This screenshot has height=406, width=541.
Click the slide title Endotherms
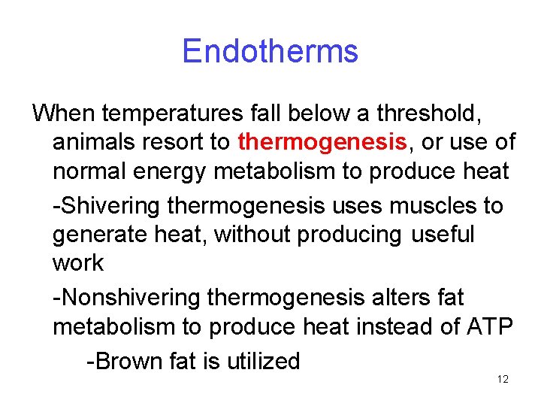point(270,52)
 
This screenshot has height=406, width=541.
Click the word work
point(78,263)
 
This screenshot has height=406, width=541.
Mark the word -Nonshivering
point(127,298)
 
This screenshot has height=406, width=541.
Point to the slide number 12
point(503,380)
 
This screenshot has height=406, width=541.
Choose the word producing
point(351,235)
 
